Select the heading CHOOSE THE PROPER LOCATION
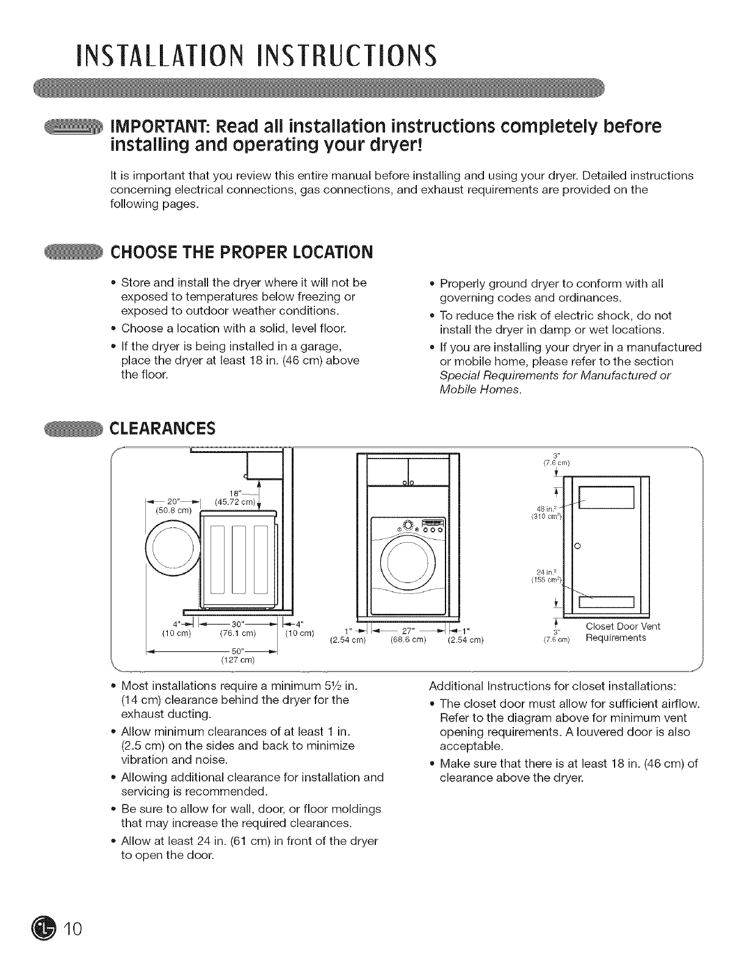point(240,252)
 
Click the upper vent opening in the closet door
point(605,496)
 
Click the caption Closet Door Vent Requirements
point(622,632)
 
